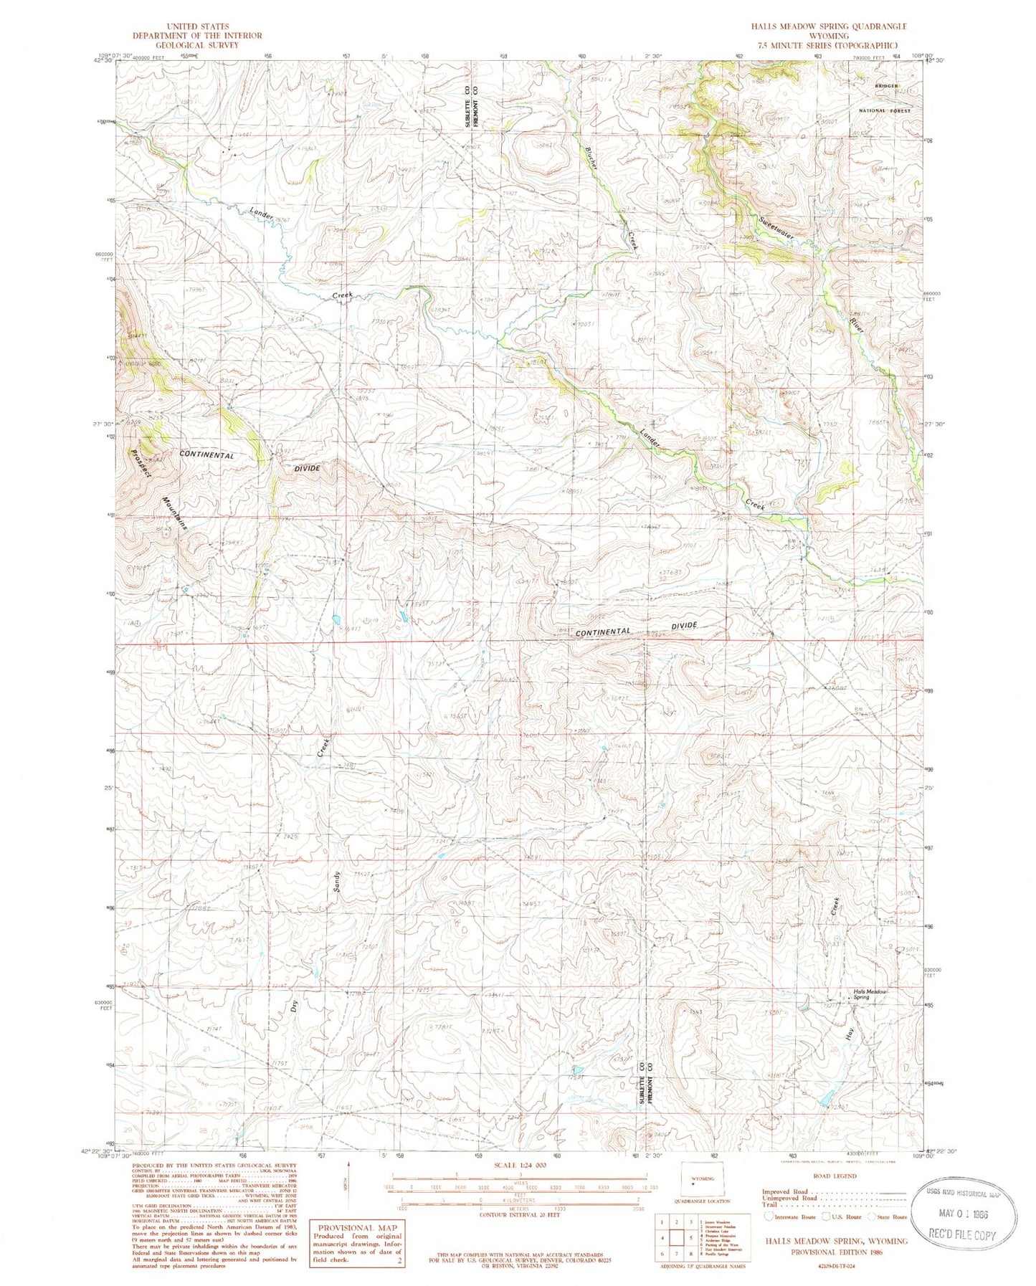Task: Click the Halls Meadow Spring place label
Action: click(870, 994)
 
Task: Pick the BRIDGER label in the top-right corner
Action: click(886, 86)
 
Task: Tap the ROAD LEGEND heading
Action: click(835, 1176)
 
